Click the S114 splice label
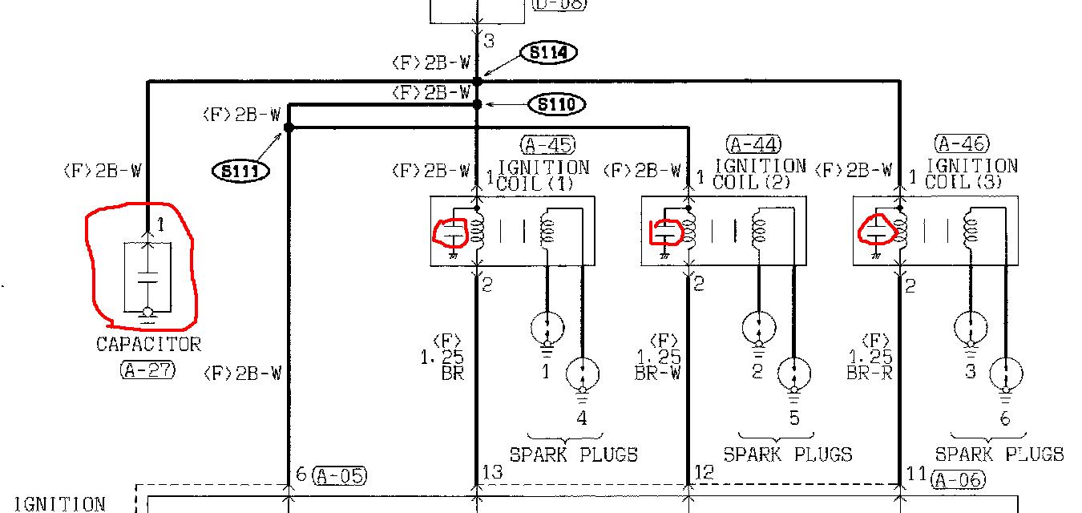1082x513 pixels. click(548, 53)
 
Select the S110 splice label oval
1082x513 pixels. click(556, 104)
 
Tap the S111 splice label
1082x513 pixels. click(240, 171)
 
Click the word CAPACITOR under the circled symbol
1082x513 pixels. click(148, 344)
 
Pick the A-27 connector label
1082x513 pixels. click(147, 370)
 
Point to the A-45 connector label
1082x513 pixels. click(547, 145)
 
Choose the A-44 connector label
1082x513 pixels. click(753, 145)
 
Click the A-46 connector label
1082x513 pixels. click(962, 144)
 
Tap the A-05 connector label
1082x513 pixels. click(339, 475)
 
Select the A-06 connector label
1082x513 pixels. click(959, 480)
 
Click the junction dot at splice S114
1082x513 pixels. click(478, 81)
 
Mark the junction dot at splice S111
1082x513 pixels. click(289, 127)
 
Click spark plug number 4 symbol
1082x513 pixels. click(582, 374)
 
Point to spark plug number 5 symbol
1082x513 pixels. click(793, 374)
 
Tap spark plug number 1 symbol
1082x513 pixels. click(547, 327)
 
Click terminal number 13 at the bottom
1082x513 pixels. click(492, 472)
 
